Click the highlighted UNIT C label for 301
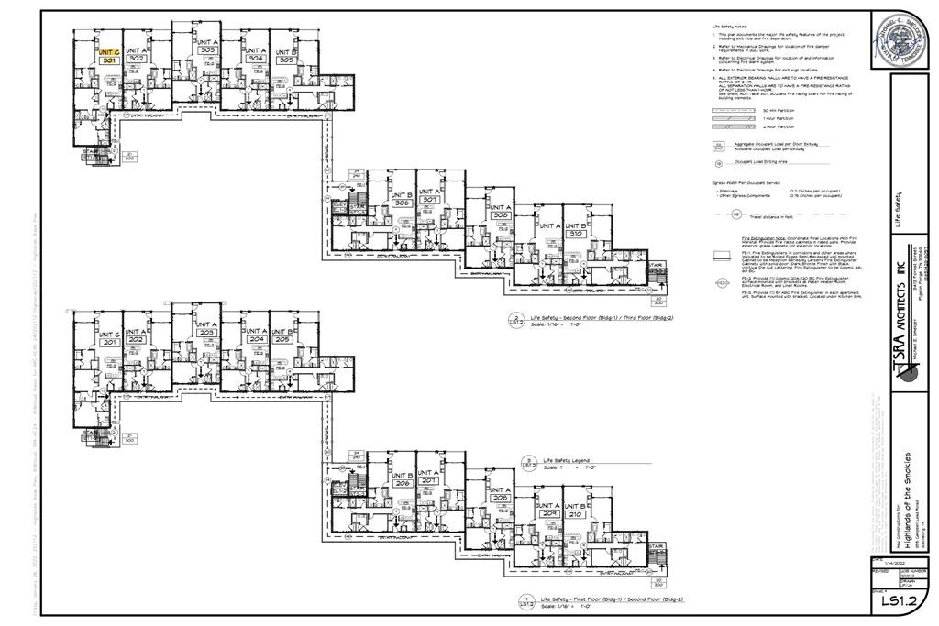click(x=109, y=53)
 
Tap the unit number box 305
click(x=285, y=60)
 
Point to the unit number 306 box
click(x=401, y=203)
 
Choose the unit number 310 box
click(x=576, y=234)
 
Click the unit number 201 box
click(x=109, y=341)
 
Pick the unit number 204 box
click(x=256, y=339)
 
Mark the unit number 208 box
click(x=500, y=499)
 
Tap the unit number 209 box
click(x=549, y=515)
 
